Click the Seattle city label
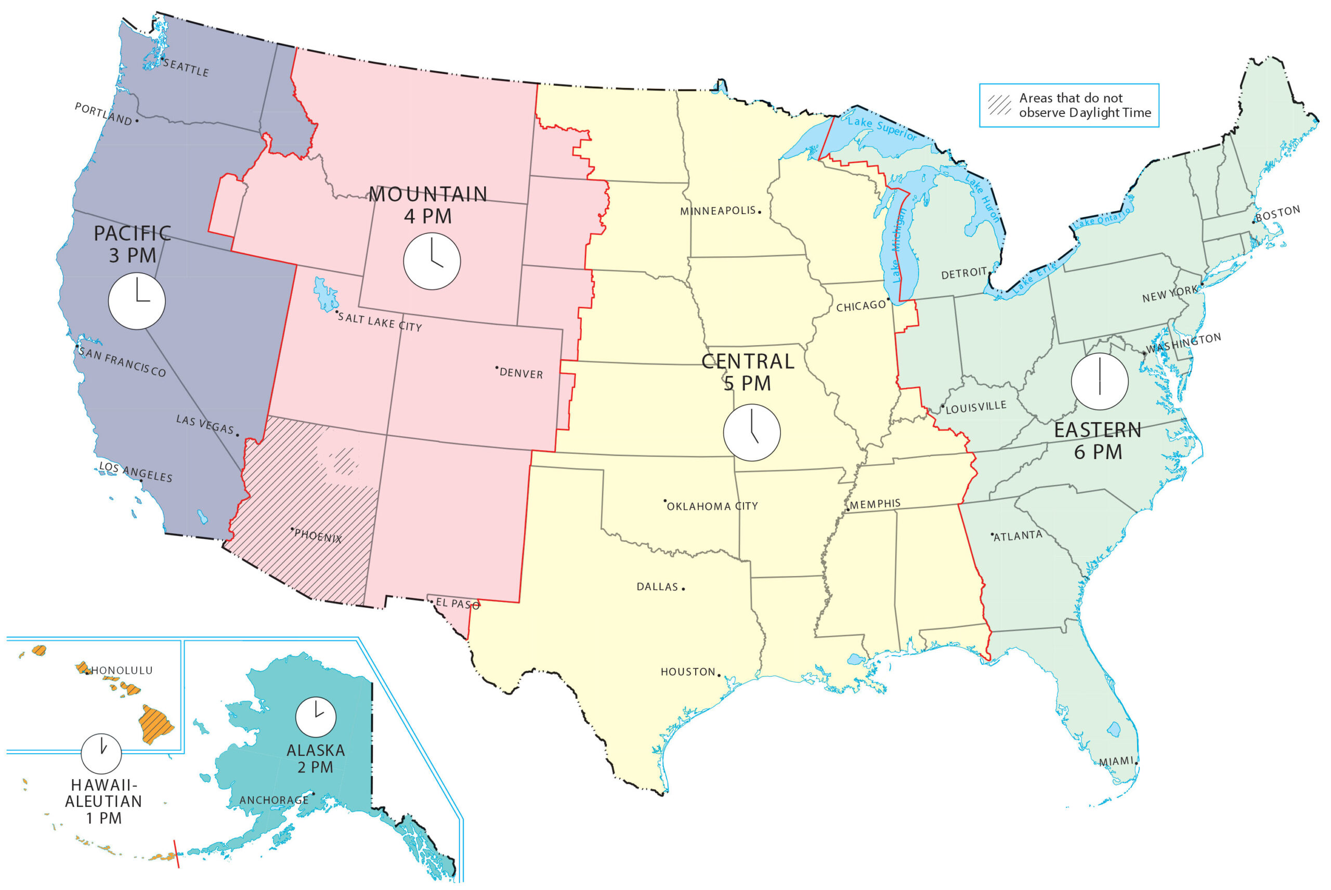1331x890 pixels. click(186, 68)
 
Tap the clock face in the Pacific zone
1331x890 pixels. click(137, 302)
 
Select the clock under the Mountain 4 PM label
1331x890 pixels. click(432, 261)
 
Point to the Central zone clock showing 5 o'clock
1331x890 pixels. click(751, 433)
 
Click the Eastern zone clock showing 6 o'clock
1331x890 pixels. click(1100, 382)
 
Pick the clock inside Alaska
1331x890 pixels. click(316, 717)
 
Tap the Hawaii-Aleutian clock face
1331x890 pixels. click(101, 754)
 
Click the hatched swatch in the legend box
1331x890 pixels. click(999, 105)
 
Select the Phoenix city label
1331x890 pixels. click(318, 536)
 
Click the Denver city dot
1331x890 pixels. click(497, 368)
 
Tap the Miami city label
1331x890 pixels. click(1116, 762)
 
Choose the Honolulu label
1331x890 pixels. click(122, 670)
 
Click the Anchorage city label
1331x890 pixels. click(273, 800)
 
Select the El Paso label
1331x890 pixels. click(458, 604)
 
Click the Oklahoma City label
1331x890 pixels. click(712, 506)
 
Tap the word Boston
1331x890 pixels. click(1277, 214)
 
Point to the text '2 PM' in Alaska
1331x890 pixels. click(315, 767)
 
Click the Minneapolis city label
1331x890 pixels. click(718, 211)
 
